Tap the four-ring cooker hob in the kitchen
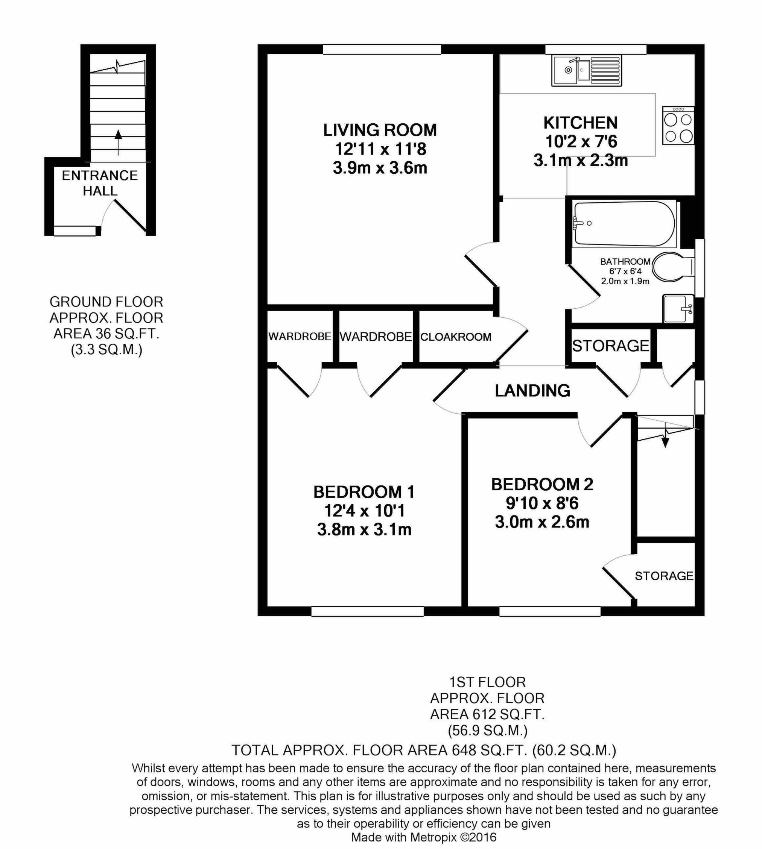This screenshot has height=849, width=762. click(x=678, y=126)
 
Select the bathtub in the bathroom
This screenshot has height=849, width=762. click(x=624, y=223)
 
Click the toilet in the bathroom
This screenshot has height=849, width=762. click(x=672, y=267)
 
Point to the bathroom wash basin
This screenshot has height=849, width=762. click(x=677, y=309)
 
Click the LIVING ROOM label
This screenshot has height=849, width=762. click(x=380, y=130)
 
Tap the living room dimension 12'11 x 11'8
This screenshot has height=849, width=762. click(x=380, y=149)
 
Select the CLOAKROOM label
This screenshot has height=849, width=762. click(x=456, y=337)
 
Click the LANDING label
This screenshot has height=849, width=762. click(x=532, y=390)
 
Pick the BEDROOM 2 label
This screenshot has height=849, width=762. click(x=542, y=485)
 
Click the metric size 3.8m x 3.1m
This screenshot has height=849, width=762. click(x=364, y=530)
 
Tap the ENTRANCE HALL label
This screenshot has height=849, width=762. click(x=100, y=183)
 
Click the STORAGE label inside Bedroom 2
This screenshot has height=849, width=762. click(x=664, y=576)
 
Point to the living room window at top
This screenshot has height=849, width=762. click(x=382, y=50)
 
